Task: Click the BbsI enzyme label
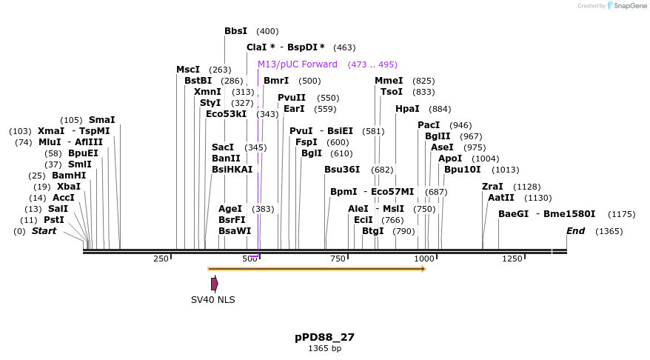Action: (236, 31)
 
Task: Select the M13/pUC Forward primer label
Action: (297, 64)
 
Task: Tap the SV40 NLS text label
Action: (213, 299)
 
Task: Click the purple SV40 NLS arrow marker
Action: (215, 284)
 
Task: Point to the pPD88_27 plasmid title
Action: (324, 337)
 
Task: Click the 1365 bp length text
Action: (324, 348)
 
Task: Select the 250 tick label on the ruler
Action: (161, 259)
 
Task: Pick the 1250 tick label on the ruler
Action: (512, 259)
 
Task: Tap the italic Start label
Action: (44, 231)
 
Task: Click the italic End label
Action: (575, 231)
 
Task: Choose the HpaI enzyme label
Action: (407, 109)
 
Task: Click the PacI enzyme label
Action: (429, 125)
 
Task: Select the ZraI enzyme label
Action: (492, 187)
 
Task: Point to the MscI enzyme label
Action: (188, 70)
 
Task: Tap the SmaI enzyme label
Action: (101, 120)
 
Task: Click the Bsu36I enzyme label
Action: (342, 170)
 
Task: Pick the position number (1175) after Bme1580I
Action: (621, 214)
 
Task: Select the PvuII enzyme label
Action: (292, 98)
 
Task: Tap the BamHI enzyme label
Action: (69, 176)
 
